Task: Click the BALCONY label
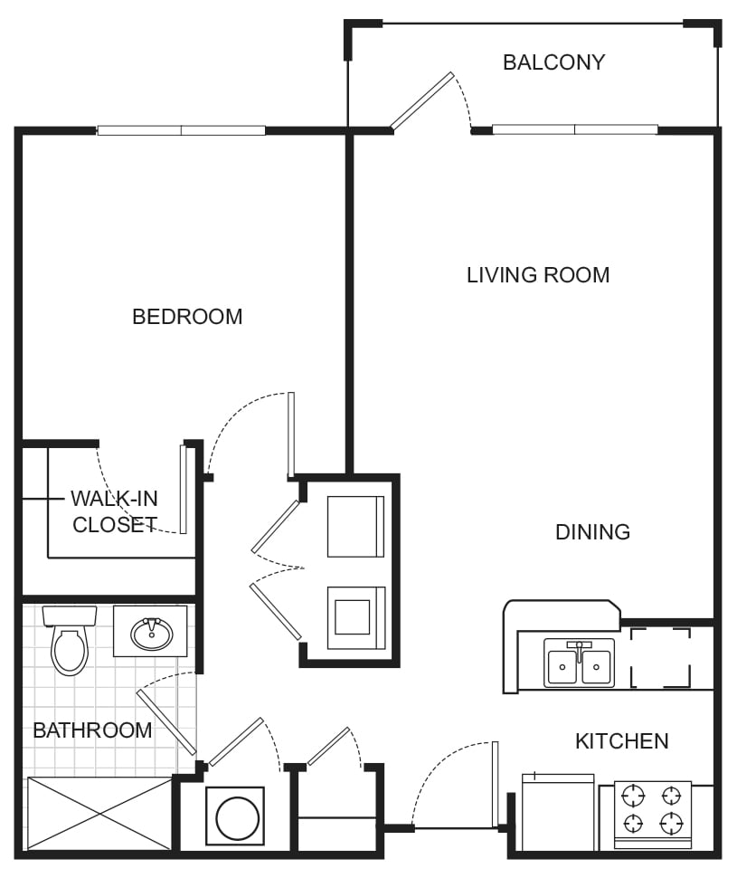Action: coord(553,62)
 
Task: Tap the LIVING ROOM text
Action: coord(538,275)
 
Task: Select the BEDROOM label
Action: coord(187,317)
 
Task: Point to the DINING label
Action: coord(592,532)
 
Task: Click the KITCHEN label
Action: coord(621,741)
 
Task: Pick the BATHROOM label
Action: coord(92,730)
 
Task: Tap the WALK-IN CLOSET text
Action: coord(115,512)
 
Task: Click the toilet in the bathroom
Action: coord(69,642)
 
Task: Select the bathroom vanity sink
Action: coord(151,632)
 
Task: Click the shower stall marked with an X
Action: coord(99,813)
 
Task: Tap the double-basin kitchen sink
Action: coord(579,663)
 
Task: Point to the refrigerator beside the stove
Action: coord(558,812)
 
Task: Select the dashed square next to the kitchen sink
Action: coord(660,658)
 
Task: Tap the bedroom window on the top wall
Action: coord(181,130)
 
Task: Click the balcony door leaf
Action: coord(421,101)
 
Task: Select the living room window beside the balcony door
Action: coord(574,129)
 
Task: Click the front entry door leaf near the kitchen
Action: coord(495,784)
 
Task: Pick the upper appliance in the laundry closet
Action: coord(355,526)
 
